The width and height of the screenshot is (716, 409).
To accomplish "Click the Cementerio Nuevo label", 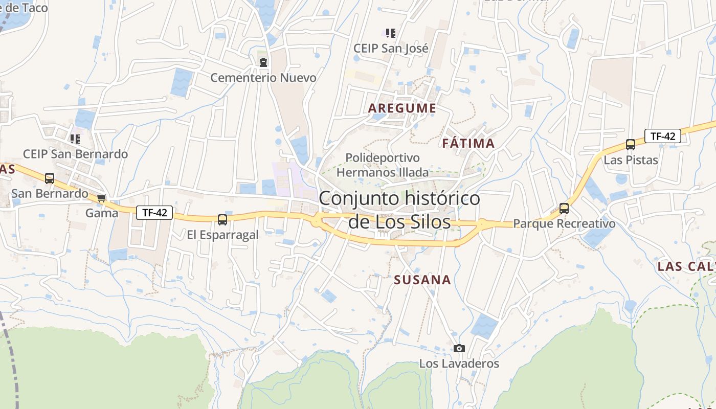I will coord(263,78).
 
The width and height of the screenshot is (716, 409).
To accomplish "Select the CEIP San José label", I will coord(391,49).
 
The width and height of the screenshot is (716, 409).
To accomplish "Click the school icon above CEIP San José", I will coord(391,34).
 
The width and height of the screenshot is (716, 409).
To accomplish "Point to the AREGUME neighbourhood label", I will coord(402,108).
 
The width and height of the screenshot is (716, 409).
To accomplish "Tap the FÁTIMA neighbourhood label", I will coord(468,143).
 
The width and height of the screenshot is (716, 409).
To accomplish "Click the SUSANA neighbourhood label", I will coord(422,280).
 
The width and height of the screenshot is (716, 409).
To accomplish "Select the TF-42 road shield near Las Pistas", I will coord(662,136).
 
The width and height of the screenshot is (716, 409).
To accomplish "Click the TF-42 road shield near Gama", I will coord(154,213).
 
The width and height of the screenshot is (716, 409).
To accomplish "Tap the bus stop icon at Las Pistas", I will coord(631,145).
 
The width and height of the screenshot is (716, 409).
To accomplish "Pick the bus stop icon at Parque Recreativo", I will coord(564,208).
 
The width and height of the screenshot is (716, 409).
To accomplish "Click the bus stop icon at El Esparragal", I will coord(222,220).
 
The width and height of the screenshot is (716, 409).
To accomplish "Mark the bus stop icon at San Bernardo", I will coord(50,178).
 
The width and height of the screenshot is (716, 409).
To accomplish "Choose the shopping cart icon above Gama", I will coord(102,198).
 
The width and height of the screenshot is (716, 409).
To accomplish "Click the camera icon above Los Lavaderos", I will coord(459,349).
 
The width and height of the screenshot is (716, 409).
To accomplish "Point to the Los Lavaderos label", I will coord(459,363).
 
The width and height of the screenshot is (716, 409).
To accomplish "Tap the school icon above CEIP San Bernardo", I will coord(75,139).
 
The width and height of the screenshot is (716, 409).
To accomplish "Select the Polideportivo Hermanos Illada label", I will coord(383,165).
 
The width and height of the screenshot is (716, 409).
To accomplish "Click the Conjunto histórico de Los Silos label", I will coord(399,210).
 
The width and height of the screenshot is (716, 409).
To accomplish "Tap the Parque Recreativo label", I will coord(564,224).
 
